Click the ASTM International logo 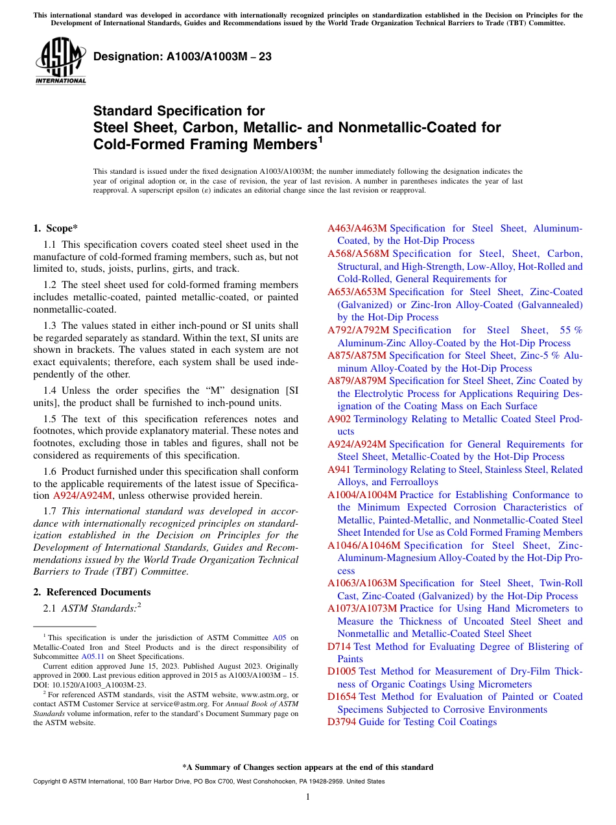60,61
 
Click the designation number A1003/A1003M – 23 182,57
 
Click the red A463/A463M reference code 357,228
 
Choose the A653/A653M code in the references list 357,292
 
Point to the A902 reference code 339,419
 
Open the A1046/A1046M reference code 364,545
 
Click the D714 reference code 339,647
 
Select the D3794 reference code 342,722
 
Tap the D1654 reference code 342,697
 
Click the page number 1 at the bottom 308,797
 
